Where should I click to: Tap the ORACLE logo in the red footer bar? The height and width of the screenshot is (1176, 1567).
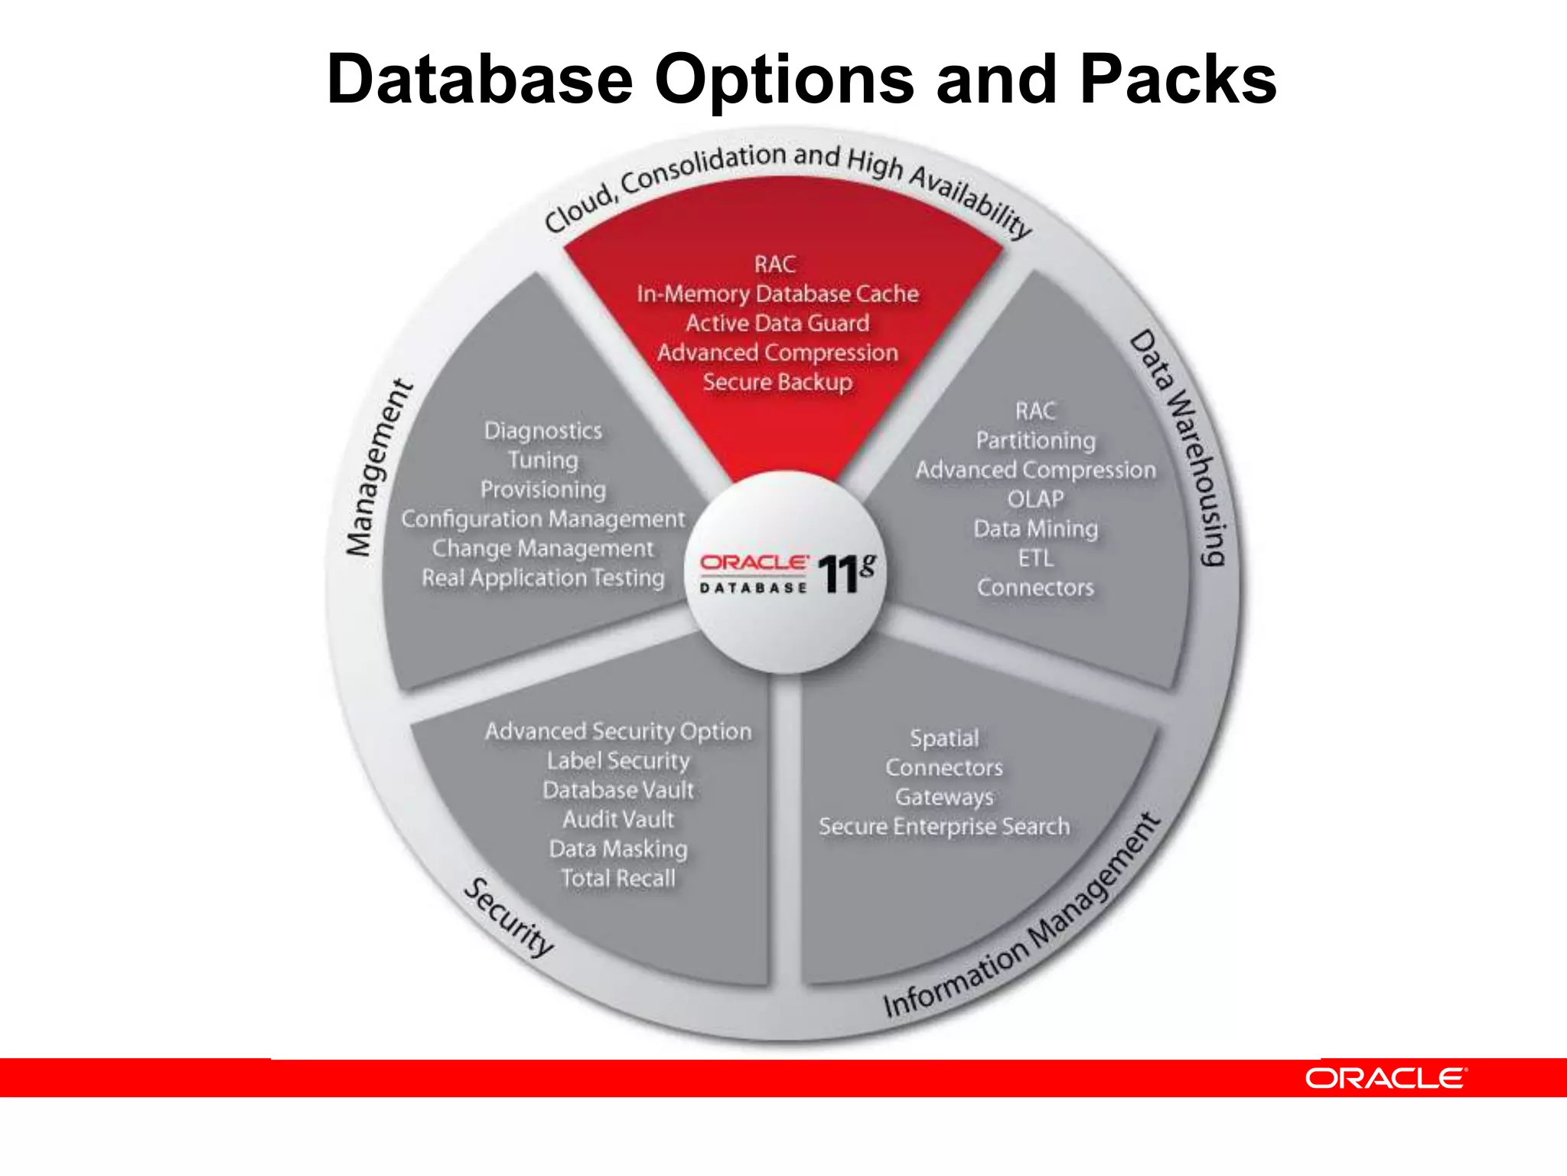(1386, 1078)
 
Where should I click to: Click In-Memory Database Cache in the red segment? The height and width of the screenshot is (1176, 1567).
(777, 294)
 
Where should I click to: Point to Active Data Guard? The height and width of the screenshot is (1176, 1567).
(777, 323)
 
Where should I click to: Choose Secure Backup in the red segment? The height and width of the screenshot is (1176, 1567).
(777, 382)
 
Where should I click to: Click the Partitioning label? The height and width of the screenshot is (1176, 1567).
(1035, 441)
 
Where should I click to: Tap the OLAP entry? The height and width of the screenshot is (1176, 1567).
(1035, 499)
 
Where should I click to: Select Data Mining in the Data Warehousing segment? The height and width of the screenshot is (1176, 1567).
(1035, 529)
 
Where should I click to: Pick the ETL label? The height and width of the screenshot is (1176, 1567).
(1035, 558)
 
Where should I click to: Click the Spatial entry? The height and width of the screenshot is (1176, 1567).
(944, 738)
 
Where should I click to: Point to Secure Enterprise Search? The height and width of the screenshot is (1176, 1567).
(944, 827)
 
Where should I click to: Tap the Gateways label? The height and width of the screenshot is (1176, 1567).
(944, 797)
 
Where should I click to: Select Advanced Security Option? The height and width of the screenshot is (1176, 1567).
(618, 731)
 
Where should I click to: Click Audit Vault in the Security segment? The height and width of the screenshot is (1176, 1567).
(618, 819)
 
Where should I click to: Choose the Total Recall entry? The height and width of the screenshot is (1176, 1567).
(618, 878)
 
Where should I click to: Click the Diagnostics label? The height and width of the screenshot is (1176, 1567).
(543, 430)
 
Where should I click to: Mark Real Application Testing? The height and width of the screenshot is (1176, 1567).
(543, 578)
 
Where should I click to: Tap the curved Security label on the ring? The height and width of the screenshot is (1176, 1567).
(509, 917)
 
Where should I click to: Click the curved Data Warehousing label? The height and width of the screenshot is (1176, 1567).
(1180, 448)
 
